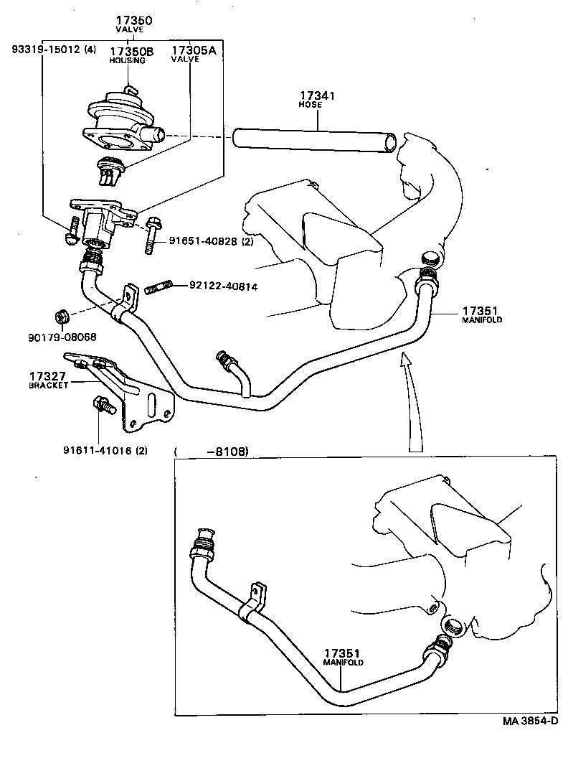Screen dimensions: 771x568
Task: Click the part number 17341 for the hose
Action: [x=317, y=95]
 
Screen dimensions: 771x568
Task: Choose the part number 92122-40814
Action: [x=224, y=286]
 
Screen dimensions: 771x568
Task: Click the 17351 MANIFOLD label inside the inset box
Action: [x=341, y=657]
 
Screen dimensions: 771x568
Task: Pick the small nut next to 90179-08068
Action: [x=62, y=316]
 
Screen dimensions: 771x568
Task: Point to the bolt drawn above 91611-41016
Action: [x=103, y=406]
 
